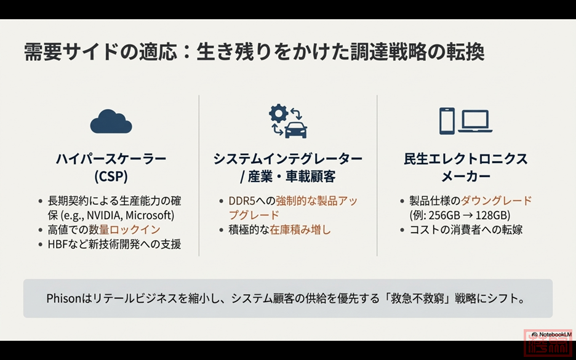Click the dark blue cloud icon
(x=111, y=121)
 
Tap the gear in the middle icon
(x=278, y=113)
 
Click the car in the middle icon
(x=296, y=130)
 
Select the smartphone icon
(x=447, y=121)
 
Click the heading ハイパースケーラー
(x=111, y=159)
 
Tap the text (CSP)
(x=111, y=177)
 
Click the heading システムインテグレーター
(x=288, y=159)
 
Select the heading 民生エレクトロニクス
(x=466, y=159)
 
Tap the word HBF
(x=56, y=244)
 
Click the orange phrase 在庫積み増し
(x=300, y=230)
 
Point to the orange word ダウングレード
(x=496, y=201)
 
